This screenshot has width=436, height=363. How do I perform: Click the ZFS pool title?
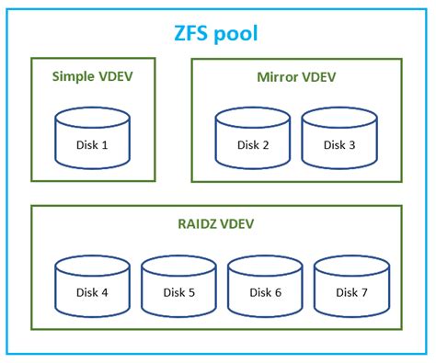click(216, 34)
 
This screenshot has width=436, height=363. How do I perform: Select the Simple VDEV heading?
click(93, 75)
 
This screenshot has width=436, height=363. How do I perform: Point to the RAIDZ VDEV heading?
click(217, 223)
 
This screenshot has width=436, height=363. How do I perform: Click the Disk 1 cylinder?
click(93, 139)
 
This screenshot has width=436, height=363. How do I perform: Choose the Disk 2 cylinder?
click(253, 139)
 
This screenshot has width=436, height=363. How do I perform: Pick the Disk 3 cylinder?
click(339, 139)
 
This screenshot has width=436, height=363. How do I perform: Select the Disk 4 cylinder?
click(93, 287)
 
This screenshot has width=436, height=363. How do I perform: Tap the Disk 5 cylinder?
click(179, 287)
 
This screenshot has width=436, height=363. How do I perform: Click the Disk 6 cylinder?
click(266, 287)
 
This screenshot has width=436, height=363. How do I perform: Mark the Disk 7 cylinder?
click(352, 287)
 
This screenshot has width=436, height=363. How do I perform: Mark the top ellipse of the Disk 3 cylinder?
click(339, 119)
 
